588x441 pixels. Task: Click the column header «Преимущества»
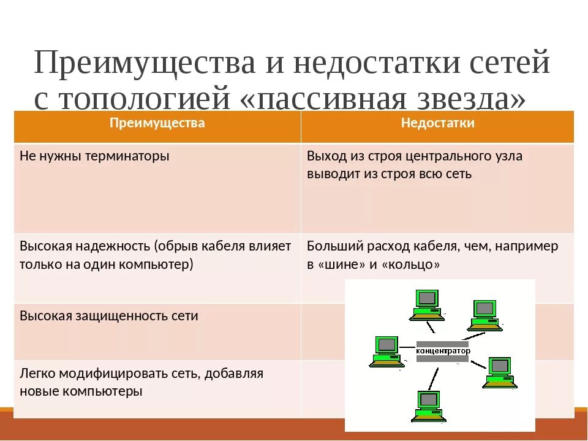pos(157,123)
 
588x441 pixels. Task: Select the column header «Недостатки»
pos(437,123)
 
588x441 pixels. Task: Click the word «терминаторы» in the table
pos(129,156)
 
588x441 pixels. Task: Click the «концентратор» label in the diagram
pos(443,351)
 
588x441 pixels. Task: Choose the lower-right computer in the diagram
pos(500,372)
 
